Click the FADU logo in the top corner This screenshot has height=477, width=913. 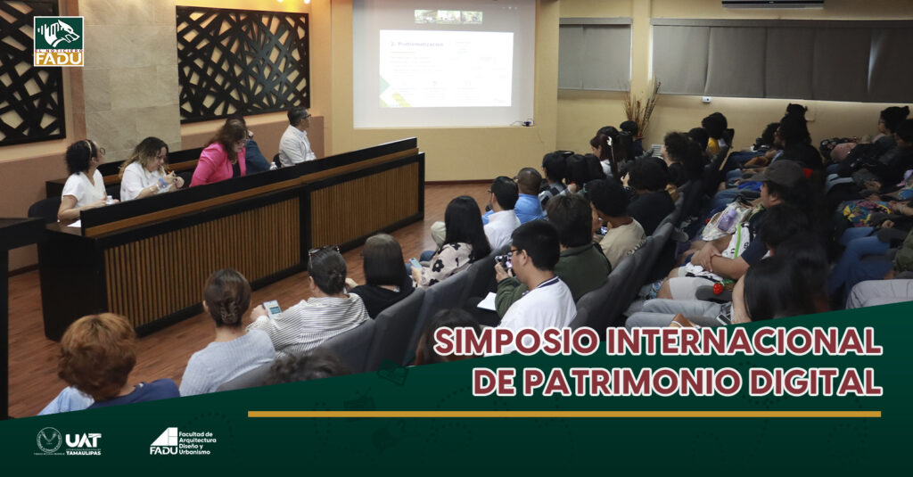coord(59,41)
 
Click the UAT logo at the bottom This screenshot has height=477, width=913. coord(69,440)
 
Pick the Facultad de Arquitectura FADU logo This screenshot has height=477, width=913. coord(183,440)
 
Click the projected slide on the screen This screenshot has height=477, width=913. coord(446,68)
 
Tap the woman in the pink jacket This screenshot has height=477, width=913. coord(220,156)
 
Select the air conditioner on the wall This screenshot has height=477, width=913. coord(772,4)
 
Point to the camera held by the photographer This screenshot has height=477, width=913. coord(504,261)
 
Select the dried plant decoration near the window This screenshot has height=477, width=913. coord(642,105)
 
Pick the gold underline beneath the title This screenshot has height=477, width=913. coord(563,414)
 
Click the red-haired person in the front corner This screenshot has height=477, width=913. coord(98,352)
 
